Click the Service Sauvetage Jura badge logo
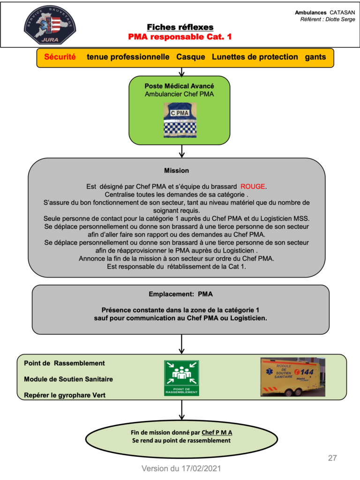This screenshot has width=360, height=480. [x=50, y=24]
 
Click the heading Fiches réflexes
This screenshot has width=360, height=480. [x=180, y=27]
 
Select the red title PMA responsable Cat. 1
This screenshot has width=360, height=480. [x=180, y=37]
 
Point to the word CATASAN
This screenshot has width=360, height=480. [x=342, y=13]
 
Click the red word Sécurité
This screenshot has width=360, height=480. [x=60, y=57]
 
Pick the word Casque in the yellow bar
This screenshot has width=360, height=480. [x=191, y=57]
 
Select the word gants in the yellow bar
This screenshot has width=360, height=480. [x=315, y=57]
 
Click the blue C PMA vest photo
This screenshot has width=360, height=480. [x=180, y=120]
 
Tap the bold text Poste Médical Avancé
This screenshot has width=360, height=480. [x=180, y=86]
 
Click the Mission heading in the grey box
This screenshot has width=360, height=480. [x=176, y=171]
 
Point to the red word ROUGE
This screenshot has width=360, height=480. [x=253, y=187]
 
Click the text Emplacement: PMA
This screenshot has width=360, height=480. [x=180, y=294]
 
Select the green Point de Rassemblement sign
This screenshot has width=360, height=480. [x=181, y=378]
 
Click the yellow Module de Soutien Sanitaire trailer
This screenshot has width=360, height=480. [x=292, y=377]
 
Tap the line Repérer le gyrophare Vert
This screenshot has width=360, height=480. [x=65, y=395]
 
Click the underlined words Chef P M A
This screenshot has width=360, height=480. [x=217, y=433]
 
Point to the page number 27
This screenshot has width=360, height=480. [x=332, y=458]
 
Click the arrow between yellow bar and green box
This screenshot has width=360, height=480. [x=181, y=72]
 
